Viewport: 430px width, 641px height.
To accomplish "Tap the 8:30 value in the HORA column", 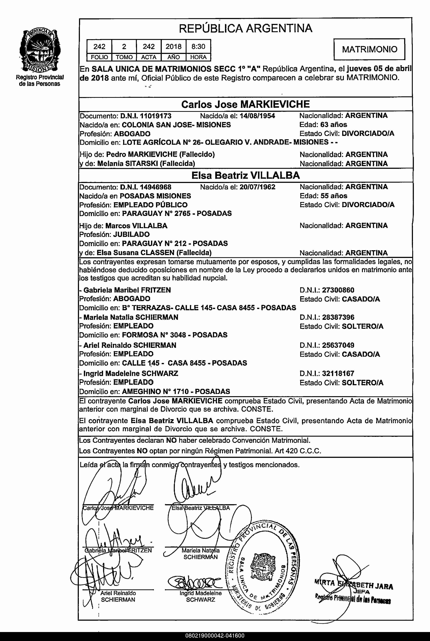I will pyautogui.click(x=198, y=46).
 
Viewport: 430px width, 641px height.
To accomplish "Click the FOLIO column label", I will pyautogui.click(x=99, y=57).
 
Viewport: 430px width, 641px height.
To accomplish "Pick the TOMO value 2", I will pyautogui.click(x=124, y=46).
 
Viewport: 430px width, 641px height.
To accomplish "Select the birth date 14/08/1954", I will pyautogui.click(x=257, y=116).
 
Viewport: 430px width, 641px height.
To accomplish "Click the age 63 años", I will pyautogui.click(x=333, y=125).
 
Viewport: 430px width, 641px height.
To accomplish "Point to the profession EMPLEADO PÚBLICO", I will pyautogui.click(x=151, y=205).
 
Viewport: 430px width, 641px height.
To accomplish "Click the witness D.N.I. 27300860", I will pyautogui.click(x=338, y=290).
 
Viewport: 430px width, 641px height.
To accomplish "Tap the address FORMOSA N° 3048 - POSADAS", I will pyautogui.click(x=175, y=335).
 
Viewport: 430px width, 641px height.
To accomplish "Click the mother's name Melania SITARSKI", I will pyautogui.click(x=127, y=164).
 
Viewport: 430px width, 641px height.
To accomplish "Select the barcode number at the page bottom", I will pyautogui.click(x=215, y=635).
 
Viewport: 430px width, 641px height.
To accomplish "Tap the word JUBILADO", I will pyautogui.click(x=131, y=234).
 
